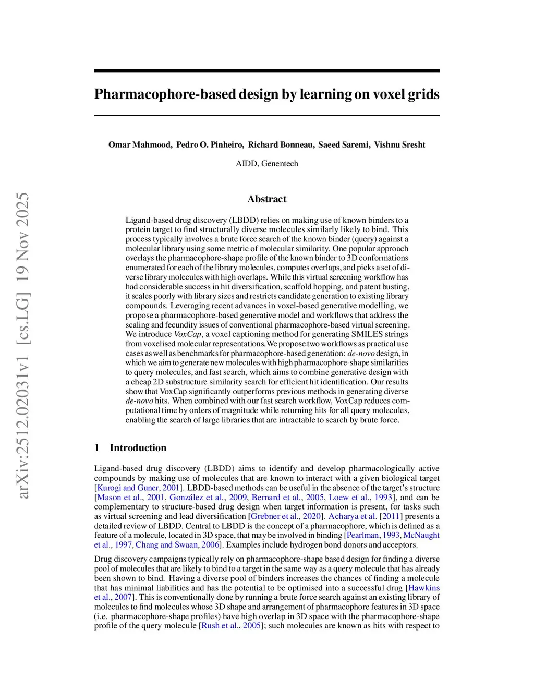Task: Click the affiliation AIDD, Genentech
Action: click(267, 164)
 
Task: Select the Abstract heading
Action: click(267, 199)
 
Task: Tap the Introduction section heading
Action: click(138, 448)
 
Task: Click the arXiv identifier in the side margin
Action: click(23, 407)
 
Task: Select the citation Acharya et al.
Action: click(352, 516)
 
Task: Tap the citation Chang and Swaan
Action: click(166, 545)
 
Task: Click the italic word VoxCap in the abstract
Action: click(187, 334)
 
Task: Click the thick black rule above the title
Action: click(267, 71)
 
